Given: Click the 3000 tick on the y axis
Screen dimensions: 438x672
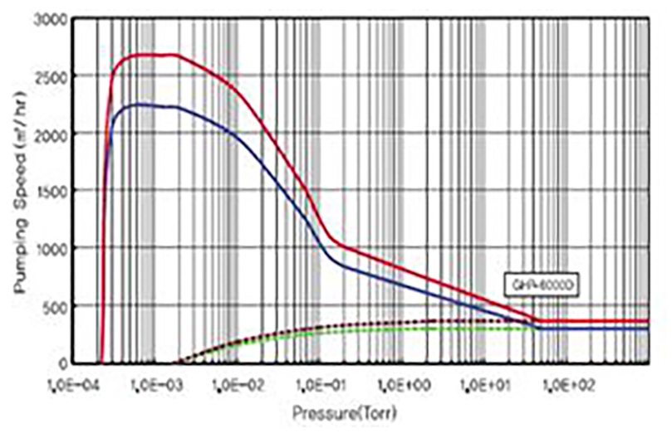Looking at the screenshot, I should (52, 18).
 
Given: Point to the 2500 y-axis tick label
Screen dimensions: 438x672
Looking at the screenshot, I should (52, 76).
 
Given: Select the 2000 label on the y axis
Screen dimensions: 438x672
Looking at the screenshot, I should (52, 134).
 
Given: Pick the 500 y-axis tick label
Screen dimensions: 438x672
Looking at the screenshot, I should (55, 306).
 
